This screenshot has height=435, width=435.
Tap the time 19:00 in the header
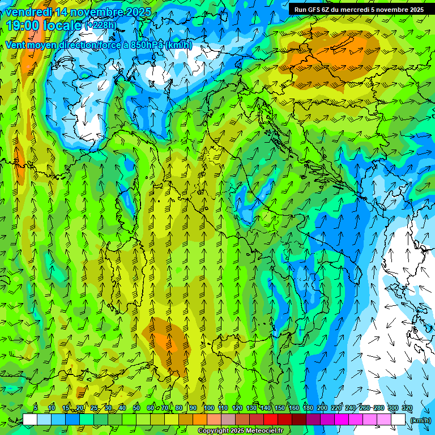tap(23, 25)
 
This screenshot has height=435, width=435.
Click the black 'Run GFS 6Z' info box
tap(359, 10)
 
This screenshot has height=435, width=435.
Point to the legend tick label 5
tap(35, 408)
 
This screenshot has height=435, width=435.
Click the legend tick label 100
tap(209, 408)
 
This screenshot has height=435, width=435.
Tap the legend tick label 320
tap(407, 408)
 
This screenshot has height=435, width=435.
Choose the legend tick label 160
tap(294, 408)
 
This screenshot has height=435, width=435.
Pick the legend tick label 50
tap(137, 408)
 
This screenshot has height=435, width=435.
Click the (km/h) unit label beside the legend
tap(420, 420)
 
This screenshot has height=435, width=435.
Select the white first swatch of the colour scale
tap(30, 420)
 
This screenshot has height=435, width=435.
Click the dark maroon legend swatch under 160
tap(298, 420)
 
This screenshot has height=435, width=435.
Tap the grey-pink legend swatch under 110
tap(228, 420)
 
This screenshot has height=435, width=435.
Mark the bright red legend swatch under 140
tap(270, 420)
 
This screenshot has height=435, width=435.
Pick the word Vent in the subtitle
tap(16, 45)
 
